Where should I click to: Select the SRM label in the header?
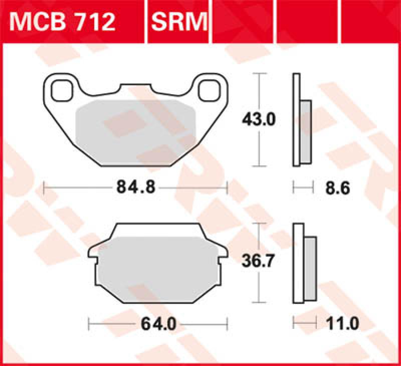coord(178,21)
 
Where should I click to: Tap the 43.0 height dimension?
coord(259,120)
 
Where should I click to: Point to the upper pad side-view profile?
coord(300,120)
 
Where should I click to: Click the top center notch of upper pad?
coord(135,88)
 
